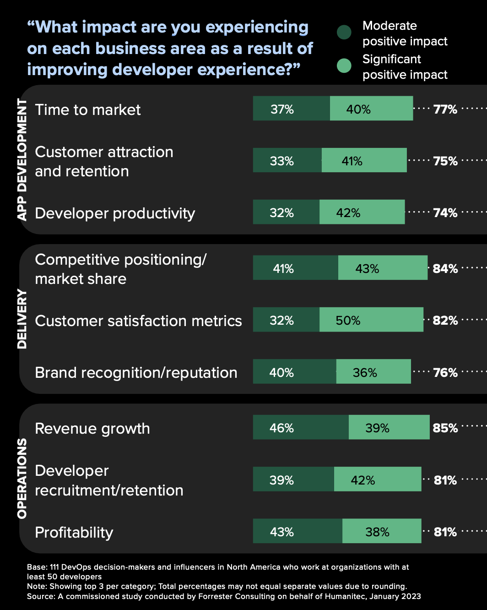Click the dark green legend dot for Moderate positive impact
[x=344, y=33]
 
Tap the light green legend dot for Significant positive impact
[x=344, y=66]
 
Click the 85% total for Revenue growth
[x=445, y=428]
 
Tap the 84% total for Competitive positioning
[x=445, y=269]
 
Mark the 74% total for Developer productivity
[x=445, y=213]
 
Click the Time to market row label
[x=88, y=110]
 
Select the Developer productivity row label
[x=115, y=213]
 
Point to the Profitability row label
[x=74, y=533]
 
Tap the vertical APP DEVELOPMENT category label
[x=22, y=159]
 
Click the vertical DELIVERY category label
[x=22, y=319]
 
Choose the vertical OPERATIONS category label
[x=22, y=479]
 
